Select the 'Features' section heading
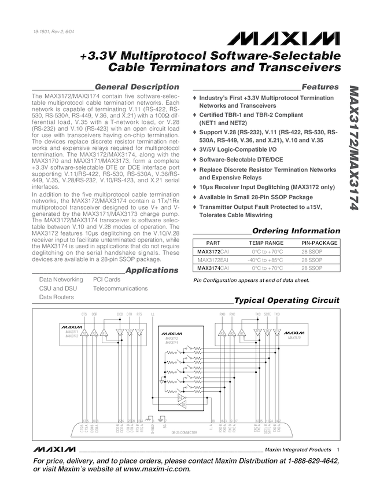320,87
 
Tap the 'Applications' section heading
152,270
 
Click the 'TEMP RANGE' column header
266,244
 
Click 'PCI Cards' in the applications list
107,280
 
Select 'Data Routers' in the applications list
56,297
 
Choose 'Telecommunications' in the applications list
120,288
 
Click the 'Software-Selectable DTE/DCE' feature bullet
241,159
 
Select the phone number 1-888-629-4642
308,461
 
